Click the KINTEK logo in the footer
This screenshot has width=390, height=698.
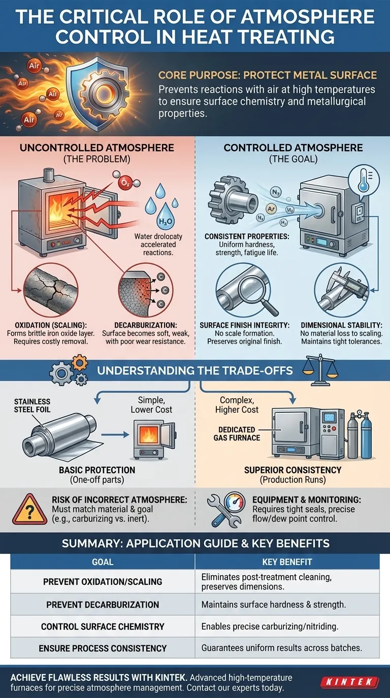[x=350, y=682]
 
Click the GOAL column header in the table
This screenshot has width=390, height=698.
[x=103, y=562]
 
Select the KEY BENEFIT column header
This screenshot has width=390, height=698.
[x=287, y=562]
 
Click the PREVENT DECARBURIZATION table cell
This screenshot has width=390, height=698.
[x=103, y=605]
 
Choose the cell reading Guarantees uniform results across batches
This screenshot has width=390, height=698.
[x=287, y=648]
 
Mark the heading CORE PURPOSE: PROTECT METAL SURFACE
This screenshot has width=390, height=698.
[x=268, y=76]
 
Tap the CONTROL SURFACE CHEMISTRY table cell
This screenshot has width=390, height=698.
[x=103, y=626]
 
